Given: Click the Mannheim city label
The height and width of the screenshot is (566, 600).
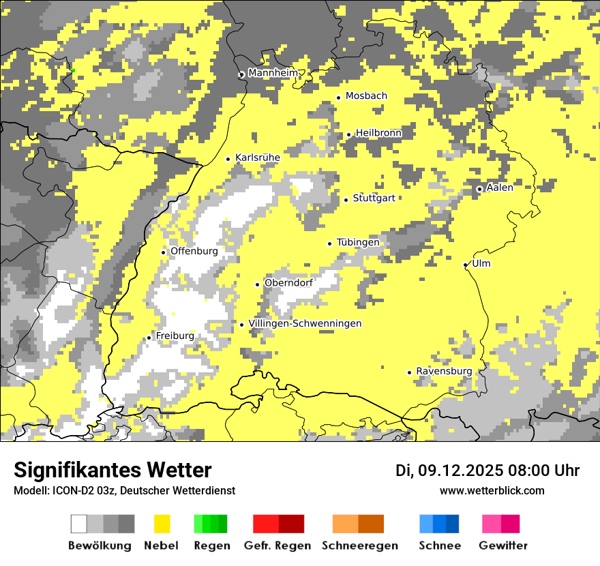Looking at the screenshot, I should coord(273,73).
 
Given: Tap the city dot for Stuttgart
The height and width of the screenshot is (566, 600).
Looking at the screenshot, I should coord(346,200).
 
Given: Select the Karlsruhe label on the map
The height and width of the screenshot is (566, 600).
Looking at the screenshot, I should coord(258,158).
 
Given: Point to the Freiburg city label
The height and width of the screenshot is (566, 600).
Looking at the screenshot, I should coord(175,336).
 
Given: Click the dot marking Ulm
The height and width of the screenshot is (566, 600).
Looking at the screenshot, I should coord(466,265).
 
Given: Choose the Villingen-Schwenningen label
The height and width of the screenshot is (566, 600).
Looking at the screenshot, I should coord(305,324).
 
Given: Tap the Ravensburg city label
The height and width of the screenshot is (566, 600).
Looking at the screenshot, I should coord(444,372).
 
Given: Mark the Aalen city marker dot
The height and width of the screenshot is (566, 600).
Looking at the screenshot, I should coord(480,189).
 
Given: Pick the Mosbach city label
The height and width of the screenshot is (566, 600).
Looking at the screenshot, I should coord(366,96).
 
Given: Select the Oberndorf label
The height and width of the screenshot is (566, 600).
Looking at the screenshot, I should coord(288,283).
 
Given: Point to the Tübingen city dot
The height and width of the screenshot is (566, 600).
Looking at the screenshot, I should coord(330,243).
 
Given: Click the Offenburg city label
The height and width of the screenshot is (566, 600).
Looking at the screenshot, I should coord(194,251).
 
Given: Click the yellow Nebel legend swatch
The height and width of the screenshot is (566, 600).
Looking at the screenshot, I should coord(162,524).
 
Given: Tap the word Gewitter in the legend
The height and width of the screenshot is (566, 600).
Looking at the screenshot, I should coord(503,546).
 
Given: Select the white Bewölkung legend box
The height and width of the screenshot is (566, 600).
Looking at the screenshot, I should coord(79,524).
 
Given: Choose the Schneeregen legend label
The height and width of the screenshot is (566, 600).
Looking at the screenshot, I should coord(360,546).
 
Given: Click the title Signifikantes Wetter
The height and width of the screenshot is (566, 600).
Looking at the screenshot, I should coord(112,470).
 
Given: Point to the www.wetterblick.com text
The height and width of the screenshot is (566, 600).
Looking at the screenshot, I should coord(492,491).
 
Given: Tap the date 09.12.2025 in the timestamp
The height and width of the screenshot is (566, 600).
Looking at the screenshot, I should coord(460,471).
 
